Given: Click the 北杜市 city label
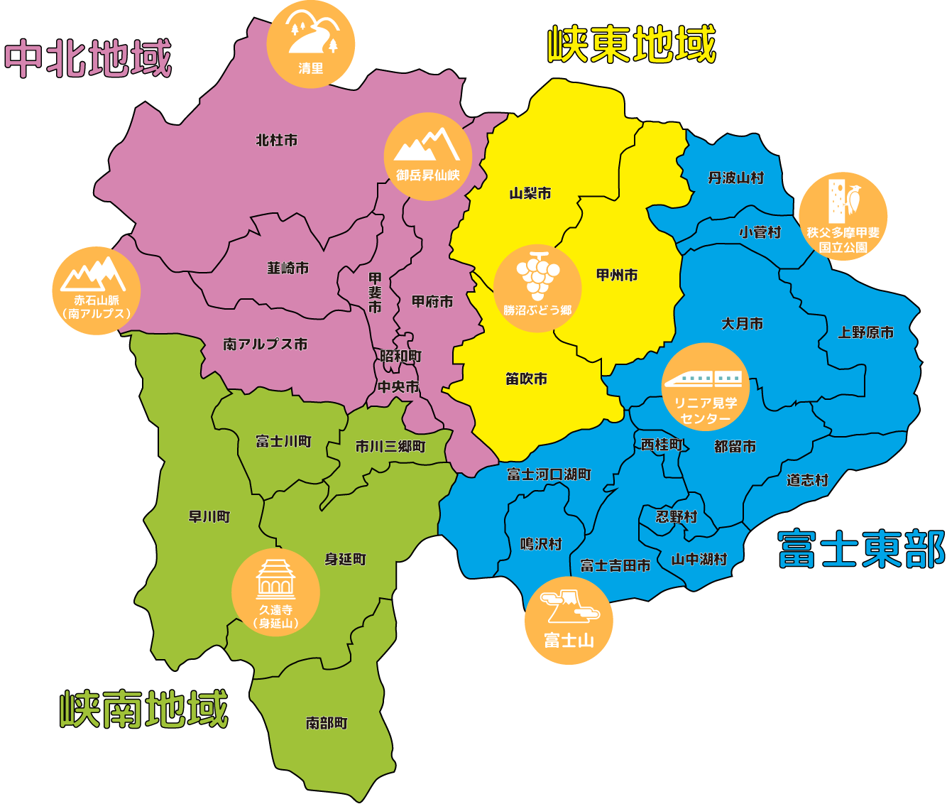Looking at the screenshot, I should click(277, 141).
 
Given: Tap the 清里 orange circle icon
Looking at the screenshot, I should click(310, 44).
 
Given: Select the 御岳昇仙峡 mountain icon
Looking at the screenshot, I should click(427, 156).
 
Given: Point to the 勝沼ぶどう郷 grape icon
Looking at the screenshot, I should click(537, 288).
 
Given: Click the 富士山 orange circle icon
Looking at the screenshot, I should click(569, 621).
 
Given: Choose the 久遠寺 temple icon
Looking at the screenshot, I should click(275, 592).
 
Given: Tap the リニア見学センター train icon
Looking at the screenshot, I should click(705, 387).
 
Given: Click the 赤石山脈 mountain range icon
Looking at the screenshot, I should click(96, 290).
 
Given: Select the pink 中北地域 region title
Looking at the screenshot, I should click(88, 58).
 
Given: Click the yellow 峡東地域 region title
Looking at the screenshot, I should click(632, 45).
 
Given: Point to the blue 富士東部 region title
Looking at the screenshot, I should click(862, 549).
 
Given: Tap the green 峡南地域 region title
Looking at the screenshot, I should click(144, 709).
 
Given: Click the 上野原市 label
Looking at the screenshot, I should click(865, 332).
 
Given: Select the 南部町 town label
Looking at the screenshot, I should click(327, 723).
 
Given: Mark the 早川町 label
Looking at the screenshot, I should click(209, 516).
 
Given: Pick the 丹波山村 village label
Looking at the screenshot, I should click(735, 178).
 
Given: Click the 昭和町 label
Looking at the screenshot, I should click(400, 356).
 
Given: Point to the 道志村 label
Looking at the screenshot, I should click(807, 480).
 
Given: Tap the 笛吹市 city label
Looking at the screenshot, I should click(526, 379).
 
